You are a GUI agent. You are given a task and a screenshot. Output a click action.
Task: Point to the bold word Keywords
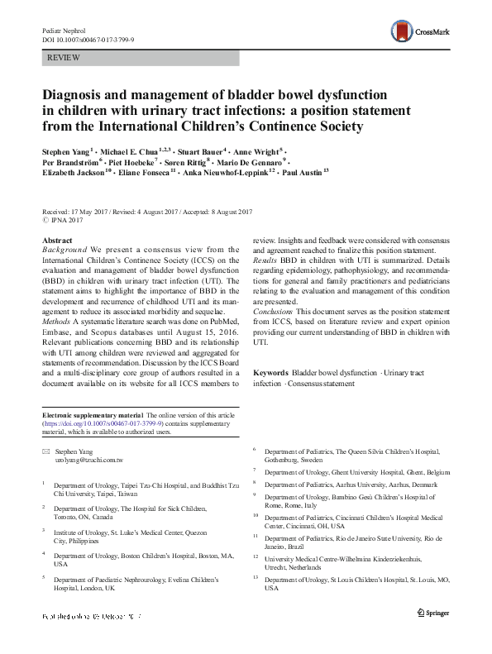[270, 373]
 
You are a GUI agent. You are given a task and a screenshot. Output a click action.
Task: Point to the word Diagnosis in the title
[79, 96]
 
